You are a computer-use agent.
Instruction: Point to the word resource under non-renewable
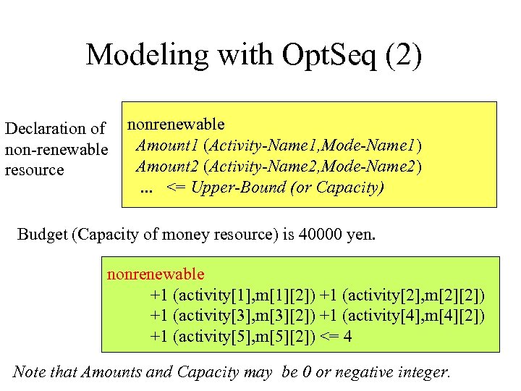pos(35,170)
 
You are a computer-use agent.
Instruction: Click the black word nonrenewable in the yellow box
pos(176,125)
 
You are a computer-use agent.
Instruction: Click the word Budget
pos(41,234)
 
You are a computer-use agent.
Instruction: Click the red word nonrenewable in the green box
pos(156,274)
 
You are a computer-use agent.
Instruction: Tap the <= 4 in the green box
pos(337,336)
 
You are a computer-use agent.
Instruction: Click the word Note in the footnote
pos(29,373)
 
